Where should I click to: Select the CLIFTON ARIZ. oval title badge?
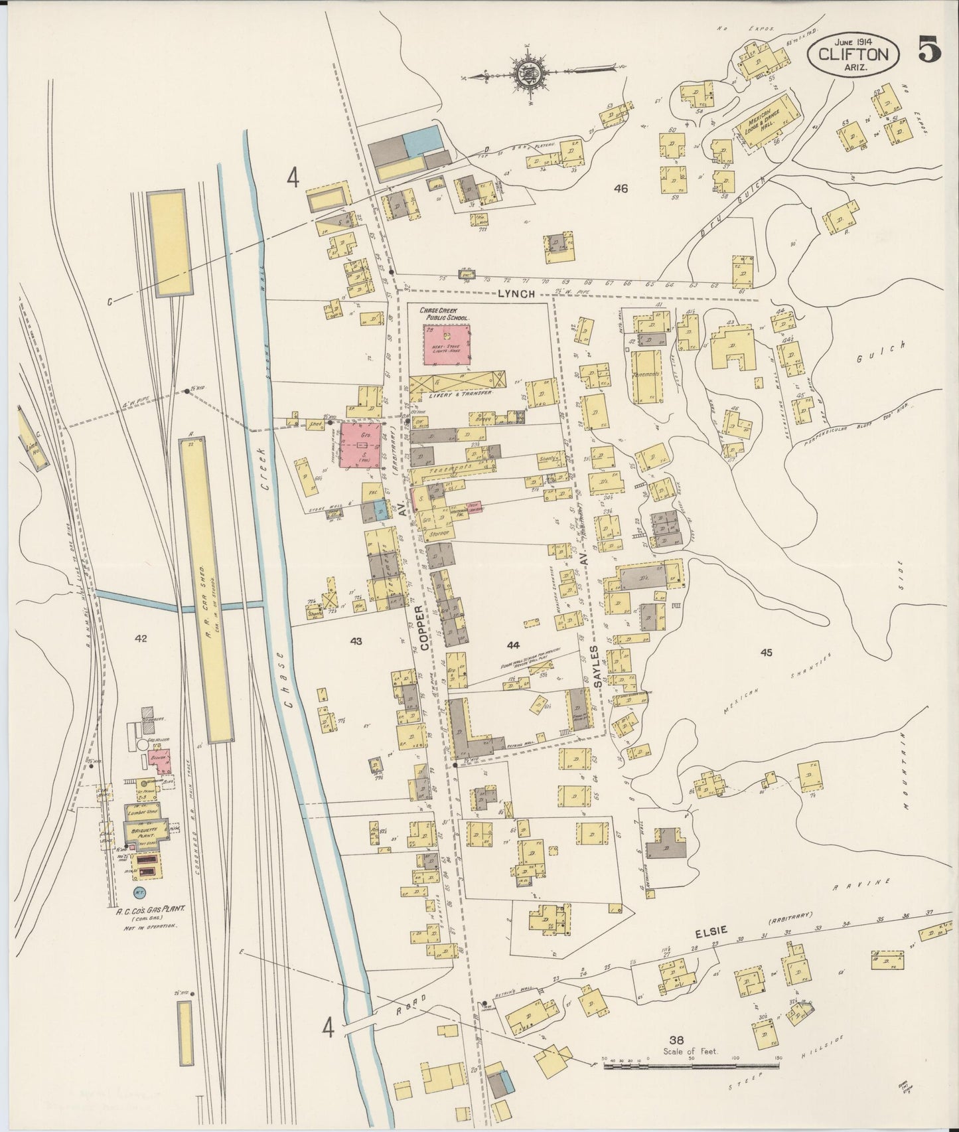[854, 52]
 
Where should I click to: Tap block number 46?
[621, 189]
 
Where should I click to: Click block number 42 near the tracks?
[140, 639]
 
